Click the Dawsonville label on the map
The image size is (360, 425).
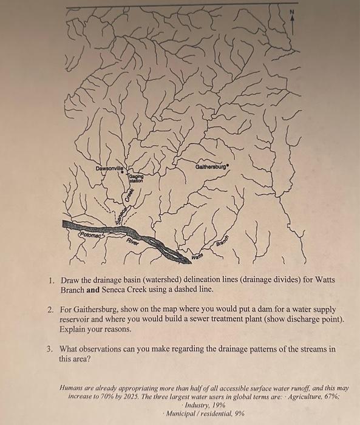[x=109, y=167]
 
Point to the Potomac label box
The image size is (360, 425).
[x=90, y=233]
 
